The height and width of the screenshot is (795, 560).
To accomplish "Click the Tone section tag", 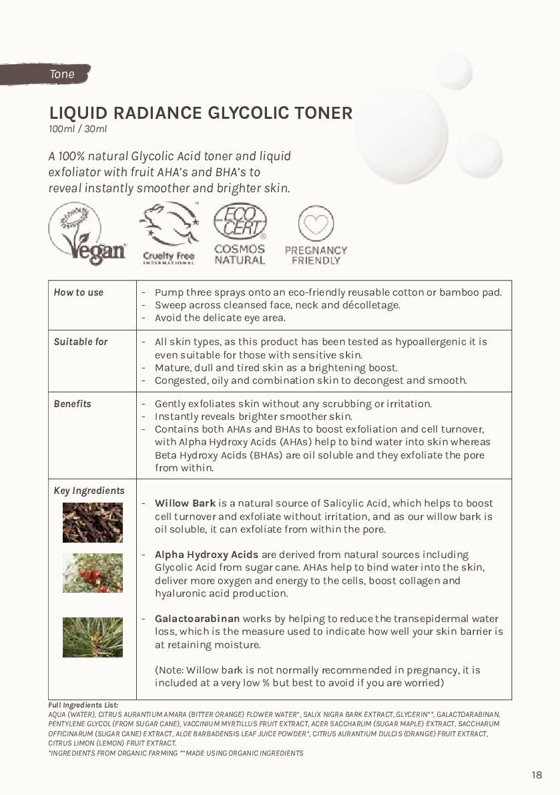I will coord(61,74).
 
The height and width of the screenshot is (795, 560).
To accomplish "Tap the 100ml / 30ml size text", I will coord(77,129).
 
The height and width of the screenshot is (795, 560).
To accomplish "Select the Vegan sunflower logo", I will coord(87,234).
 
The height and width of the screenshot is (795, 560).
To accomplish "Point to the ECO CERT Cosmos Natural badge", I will coord(240,234).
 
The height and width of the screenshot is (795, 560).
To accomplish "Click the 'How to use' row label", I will coord(79,292).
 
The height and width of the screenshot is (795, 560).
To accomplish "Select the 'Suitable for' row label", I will coord(81,342).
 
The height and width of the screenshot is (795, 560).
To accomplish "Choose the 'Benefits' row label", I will coord(73,404).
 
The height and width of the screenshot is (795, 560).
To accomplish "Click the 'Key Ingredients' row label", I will coord(89,491).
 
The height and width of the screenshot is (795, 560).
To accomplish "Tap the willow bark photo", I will coord(93,523).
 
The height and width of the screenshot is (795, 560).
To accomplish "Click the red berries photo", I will coord(93,573).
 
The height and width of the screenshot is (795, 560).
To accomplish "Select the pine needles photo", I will coord(93,637).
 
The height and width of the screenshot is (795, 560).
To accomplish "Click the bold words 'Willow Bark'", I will coord(185,503).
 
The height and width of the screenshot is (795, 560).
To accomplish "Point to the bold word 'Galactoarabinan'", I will coord(197,619).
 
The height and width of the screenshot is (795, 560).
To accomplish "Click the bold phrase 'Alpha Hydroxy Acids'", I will coord(206,555).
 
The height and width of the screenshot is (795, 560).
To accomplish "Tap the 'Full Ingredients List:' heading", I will coord(83,705).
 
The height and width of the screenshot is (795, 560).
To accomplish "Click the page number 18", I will coord(537,775).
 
